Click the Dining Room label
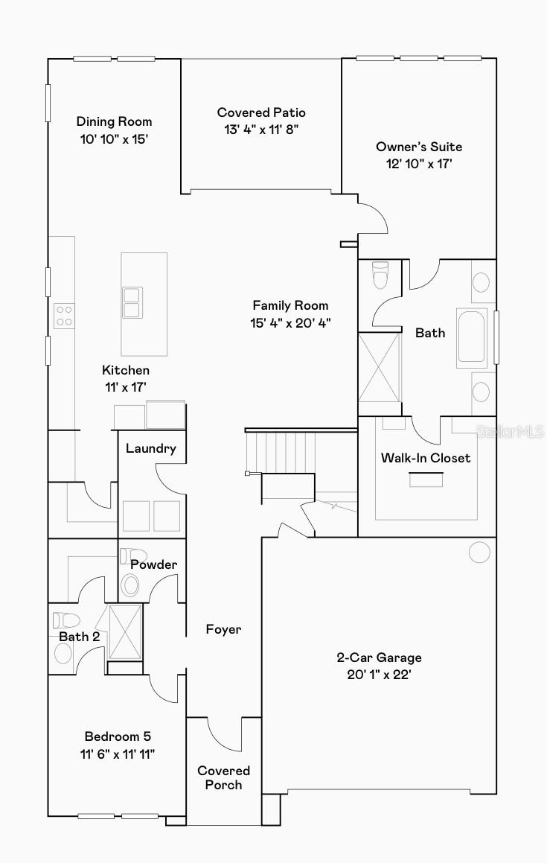click(x=114, y=121)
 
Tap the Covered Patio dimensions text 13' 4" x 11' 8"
click(x=261, y=130)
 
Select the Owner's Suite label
click(x=419, y=147)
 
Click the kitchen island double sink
click(x=132, y=303)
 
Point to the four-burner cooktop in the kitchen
click(x=64, y=316)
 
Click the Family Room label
click(x=290, y=305)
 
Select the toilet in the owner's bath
click(x=380, y=276)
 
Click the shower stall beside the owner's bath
click(x=380, y=367)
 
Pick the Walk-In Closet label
click(x=426, y=458)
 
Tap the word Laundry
click(x=151, y=448)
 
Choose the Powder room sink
click(x=130, y=585)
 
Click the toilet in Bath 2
click(x=66, y=620)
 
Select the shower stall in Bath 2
click(x=126, y=632)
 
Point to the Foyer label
click(x=223, y=629)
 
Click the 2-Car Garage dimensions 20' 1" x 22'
click(x=379, y=675)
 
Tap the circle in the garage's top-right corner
click(x=479, y=552)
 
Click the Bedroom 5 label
click(x=118, y=736)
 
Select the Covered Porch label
click(x=223, y=777)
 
